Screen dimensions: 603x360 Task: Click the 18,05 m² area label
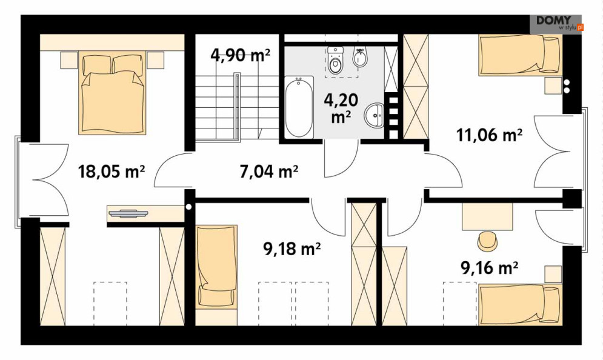(x=111, y=171)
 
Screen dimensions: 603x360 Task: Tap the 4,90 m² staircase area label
(x=241, y=55)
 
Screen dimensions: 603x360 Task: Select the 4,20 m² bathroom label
(x=341, y=108)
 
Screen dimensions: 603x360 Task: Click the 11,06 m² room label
(x=489, y=135)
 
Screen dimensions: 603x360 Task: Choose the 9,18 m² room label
(x=292, y=249)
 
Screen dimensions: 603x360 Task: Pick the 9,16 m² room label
(x=489, y=268)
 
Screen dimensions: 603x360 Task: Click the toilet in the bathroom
(x=335, y=60)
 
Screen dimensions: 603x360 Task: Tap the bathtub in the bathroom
(x=299, y=107)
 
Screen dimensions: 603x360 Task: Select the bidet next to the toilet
(x=359, y=58)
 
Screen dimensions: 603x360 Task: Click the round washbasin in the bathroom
(x=374, y=115)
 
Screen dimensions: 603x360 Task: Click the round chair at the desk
(x=488, y=241)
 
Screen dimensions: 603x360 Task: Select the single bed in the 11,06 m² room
(x=520, y=55)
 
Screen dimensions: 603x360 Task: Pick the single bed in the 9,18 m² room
(x=216, y=266)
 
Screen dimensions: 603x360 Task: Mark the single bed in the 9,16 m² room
(x=520, y=305)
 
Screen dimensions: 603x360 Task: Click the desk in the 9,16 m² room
(x=487, y=216)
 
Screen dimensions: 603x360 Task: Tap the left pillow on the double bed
(x=96, y=64)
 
